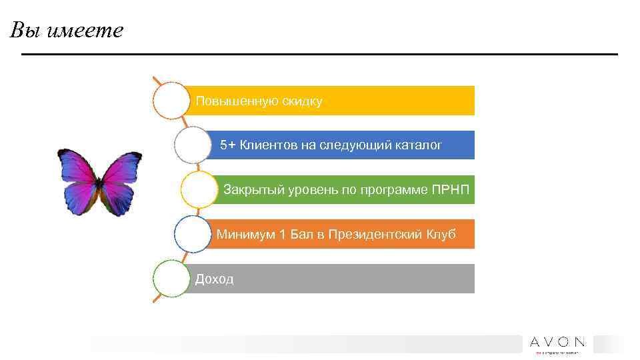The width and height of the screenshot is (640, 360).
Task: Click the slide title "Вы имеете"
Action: click(x=67, y=31)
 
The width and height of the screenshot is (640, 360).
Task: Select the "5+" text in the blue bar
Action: click(x=228, y=145)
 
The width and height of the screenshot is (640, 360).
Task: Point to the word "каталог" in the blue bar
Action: click(x=419, y=145)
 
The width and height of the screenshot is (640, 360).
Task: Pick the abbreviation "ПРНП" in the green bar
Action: click(x=451, y=190)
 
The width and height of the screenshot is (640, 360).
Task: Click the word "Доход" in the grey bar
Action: click(x=214, y=279)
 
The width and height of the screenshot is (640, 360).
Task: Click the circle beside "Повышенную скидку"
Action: click(x=171, y=101)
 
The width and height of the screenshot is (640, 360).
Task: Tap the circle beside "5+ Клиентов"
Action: click(x=193, y=145)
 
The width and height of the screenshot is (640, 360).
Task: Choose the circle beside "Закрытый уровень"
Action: click(x=199, y=190)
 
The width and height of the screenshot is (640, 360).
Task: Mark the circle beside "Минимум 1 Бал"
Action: click(x=193, y=234)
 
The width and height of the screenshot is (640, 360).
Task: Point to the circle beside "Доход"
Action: click(x=171, y=279)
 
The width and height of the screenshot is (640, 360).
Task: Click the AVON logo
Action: click(x=557, y=343)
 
